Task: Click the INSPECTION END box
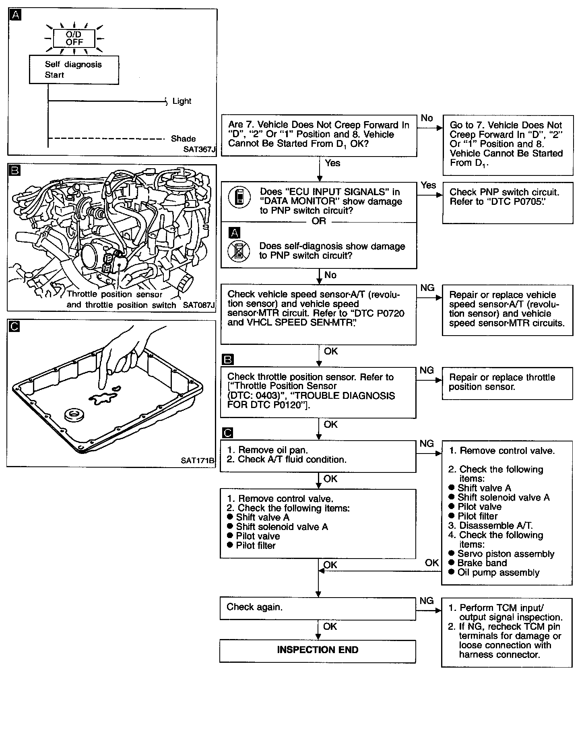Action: pyautogui.click(x=318, y=650)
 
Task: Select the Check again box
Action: pyautogui.click(x=318, y=608)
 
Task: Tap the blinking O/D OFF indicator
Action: pyautogui.click(x=74, y=39)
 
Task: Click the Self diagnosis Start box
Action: pyautogui.click(x=74, y=70)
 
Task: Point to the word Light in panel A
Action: pyautogui.click(x=182, y=101)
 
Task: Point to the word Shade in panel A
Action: pyautogui.click(x=183, y=139)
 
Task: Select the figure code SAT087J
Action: pyautogui.click(x=199, y=305)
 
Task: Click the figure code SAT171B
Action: pyautogui.click(x=198, y=461)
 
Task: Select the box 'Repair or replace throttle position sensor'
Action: pyautogui.click(x=507, y=383)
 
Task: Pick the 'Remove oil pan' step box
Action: pyautogui.click(x=318, y=456)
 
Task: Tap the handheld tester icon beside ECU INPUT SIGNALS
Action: pyautogui.click(x=239, y=197)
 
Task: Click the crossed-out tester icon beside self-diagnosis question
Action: pyautogui.click(x=239, y=251)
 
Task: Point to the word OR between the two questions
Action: pyautogui.click(x=319, y=221)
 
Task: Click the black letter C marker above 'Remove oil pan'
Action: pyautogui.click(x=228, y=433)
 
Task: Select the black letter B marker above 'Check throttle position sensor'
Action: pyautogui.click(x=228, y=359)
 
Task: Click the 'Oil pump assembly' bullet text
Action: pyautogui.click(x=498, y=573)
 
